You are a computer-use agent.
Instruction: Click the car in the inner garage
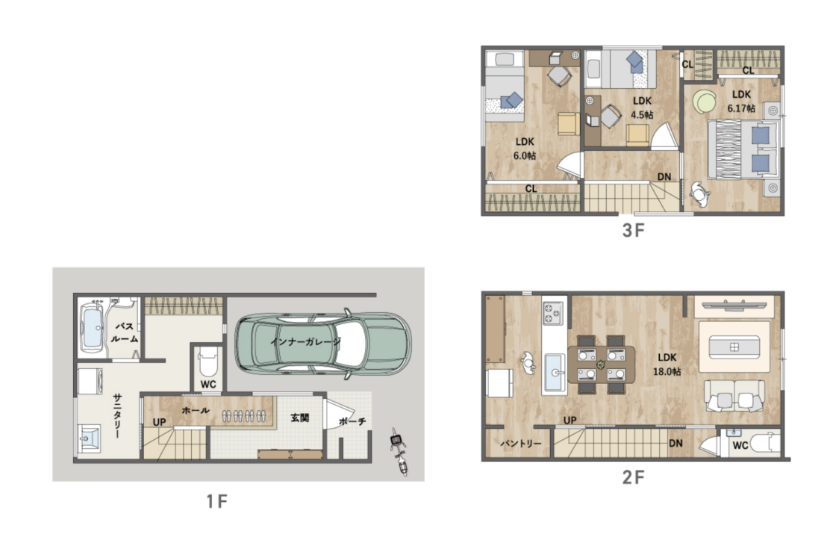coord(323,343)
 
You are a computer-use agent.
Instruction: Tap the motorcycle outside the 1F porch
coord(399,451)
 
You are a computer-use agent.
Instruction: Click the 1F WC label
coord(208,384)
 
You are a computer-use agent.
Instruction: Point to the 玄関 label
coord(299,418)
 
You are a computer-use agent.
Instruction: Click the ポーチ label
coord(352,421)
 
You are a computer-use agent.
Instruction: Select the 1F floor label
coord(217,501)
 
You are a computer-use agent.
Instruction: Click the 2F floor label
coord(634,477)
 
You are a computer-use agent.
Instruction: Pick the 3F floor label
coord(634,230)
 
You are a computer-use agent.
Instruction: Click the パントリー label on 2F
coord(520,444)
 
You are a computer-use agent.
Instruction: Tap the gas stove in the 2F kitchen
coord(552,313)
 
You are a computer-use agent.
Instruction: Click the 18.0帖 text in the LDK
coord(667,371)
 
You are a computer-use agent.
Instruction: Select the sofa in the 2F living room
coord(734,396)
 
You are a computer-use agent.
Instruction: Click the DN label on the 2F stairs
coord(676,443)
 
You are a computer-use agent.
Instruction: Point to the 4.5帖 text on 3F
coord(642,115)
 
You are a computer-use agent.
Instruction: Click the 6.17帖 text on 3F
coord(741,108)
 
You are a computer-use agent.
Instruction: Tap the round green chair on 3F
coord(705,101)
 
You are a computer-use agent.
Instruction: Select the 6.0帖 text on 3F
coord(525,156)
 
